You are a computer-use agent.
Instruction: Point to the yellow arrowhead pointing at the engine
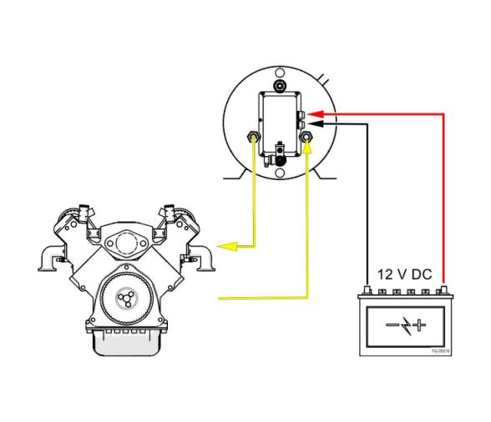(224, 246)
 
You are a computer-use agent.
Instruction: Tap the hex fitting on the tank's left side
(253, 136)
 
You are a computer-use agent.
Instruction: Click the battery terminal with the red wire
(444, 290)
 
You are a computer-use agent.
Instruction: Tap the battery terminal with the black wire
(369, 290)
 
